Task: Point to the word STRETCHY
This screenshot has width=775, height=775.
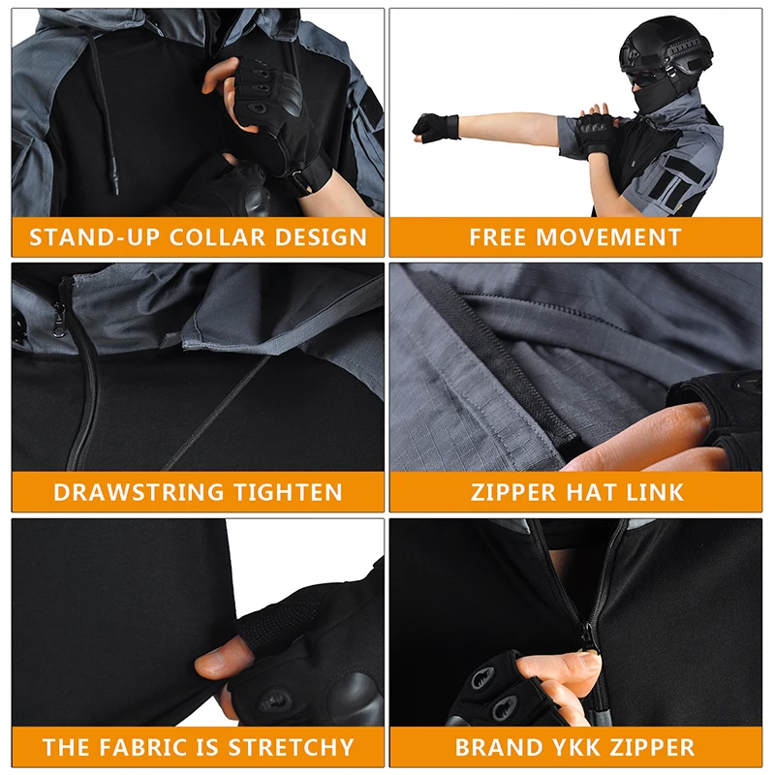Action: tap(292, 747)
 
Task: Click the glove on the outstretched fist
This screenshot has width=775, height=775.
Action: tap(436, 128)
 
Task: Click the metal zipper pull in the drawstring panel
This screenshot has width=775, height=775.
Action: tap(59, 322)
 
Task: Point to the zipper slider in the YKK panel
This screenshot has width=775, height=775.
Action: tap(589, 635)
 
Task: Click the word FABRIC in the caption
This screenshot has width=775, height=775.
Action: tap(142, 747)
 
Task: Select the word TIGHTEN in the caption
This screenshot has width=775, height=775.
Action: tap(287, 492)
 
